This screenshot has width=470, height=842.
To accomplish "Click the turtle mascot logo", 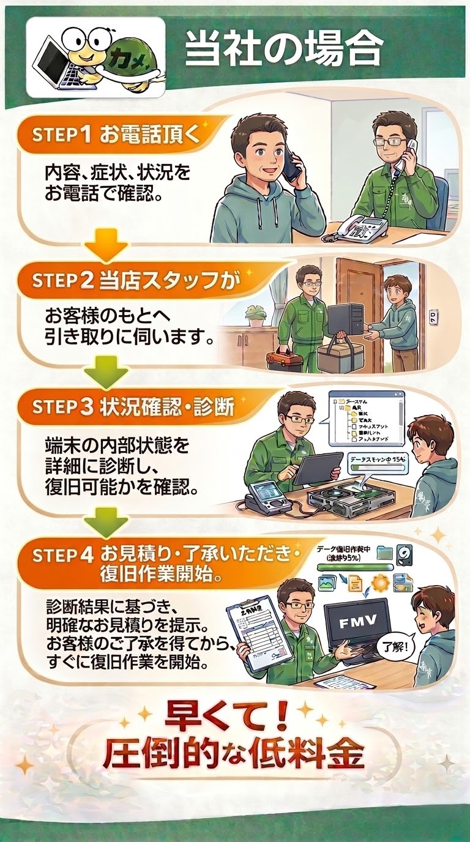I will click(95, 56).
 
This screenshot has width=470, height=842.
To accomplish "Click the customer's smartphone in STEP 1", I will click(293, 160).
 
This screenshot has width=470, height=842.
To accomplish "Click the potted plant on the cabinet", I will click(255, 315).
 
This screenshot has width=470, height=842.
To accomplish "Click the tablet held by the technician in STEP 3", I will click(318, 468).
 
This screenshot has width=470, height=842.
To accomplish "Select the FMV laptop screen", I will click(357, 624).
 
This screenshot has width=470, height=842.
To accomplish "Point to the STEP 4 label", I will click(60, 556).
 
